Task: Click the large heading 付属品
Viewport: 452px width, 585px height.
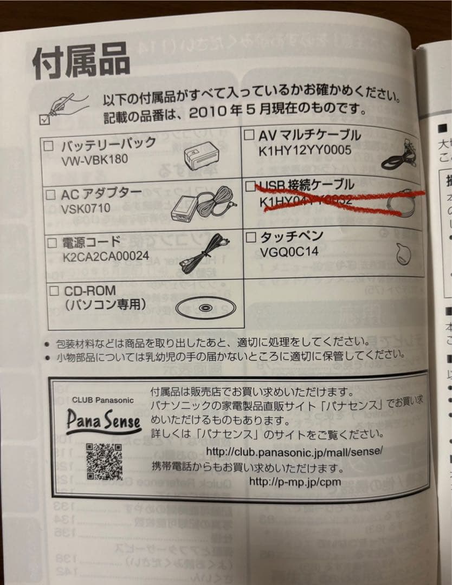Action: pyautogui.click(x=81, y=60)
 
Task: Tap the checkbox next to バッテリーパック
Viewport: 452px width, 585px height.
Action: pyautogui.click(x=49, y=146)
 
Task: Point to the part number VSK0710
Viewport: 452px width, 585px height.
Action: pyautogui.click(x=86, y=208)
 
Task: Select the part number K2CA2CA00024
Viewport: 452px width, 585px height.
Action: pyautogui.click(x=106, y=256)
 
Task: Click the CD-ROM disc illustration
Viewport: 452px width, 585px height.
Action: pyautogui.click(x=203, y=308)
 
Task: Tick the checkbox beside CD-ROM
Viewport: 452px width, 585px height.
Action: pyautogui.click(x=54, y=291)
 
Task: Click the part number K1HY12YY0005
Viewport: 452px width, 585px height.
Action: pyautogui.click(x=305, y=150)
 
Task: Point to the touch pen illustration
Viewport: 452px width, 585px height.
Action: pyautogui.click(x=404, y=254)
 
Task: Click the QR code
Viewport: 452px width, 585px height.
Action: pyautogui.click(x=104, y=461)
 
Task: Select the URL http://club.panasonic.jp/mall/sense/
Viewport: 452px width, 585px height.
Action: pyautogui.click(x=295, y=451)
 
